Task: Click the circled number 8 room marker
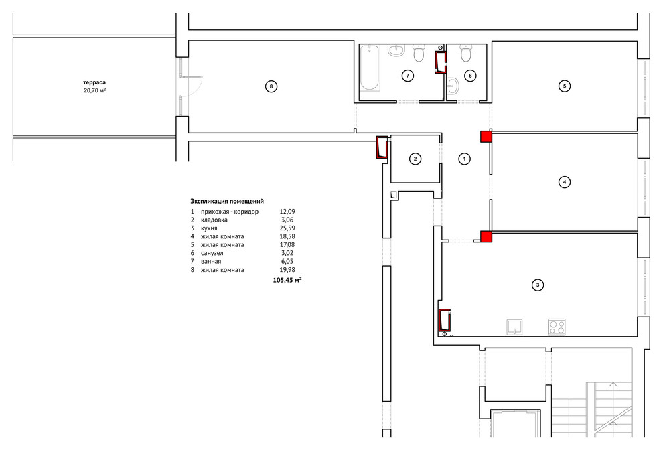[271, 86]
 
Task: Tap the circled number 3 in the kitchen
[537, 285]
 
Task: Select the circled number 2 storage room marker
[415, 159]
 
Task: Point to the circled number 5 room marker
[565, 86]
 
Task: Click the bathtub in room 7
[370, 68]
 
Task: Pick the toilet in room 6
[465, 53]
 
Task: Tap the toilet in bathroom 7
[419, 53]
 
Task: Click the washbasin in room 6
[453, 86]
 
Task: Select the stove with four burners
[557, 327]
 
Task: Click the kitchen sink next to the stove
[514, 327]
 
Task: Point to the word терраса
[94, 82]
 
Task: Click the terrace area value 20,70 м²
[94, 90]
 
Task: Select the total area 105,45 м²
[287, 280]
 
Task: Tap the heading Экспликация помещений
[227, 202]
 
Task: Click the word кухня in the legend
[209, 228]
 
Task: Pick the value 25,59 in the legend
[287, 228]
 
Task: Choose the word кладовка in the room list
[214, 220]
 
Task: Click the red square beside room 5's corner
[486, 136]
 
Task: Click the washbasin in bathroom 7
[396, 50]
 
